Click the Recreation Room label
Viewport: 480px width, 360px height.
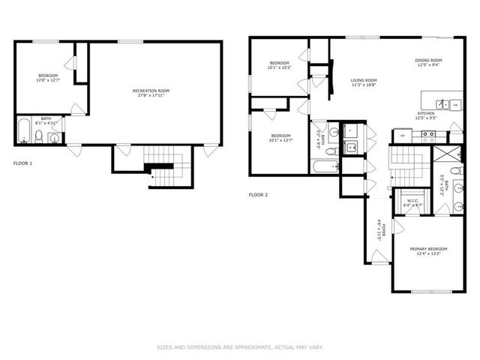151,93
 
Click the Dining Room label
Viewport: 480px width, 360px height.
428,62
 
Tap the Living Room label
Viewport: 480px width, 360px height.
364,82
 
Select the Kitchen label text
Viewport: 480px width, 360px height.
426,115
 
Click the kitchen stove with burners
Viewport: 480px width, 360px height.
428,136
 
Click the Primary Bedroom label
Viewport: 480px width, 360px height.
428,251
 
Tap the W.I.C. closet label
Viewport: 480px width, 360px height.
413,202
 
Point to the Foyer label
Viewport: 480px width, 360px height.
382,227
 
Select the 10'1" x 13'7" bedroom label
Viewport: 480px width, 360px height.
280,137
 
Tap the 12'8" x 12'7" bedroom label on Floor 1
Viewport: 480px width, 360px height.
48,78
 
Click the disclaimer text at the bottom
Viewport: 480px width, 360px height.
239,347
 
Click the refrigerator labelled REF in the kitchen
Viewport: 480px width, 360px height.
403,136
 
